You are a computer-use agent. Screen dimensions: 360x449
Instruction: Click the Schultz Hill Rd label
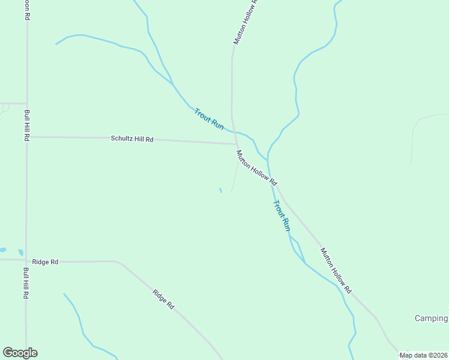click(132, 139)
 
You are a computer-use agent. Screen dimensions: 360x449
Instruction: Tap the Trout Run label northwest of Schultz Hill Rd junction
click(209, 119)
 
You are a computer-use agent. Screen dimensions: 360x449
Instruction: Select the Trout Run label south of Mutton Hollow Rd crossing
click(282, 216)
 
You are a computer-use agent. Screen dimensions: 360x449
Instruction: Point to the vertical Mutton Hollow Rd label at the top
click(245, 22)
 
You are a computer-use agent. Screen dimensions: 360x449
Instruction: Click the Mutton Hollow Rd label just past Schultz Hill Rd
click(256, 167)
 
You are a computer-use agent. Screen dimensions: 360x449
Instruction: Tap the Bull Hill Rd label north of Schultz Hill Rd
click(26, 125)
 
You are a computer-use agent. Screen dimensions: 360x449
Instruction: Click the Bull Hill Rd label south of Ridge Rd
click(26, 284)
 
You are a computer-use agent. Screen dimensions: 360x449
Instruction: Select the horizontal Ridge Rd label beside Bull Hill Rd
click(46, 262)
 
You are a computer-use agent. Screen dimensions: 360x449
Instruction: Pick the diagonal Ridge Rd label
click(163, 299)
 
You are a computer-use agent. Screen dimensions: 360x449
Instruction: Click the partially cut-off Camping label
click(432, 318)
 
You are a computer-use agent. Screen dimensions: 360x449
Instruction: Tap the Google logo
click(20, 353)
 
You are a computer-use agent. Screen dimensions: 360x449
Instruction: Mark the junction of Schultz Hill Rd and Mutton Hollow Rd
click(235, 143)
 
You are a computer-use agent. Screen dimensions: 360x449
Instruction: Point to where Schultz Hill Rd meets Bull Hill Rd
click(26, 137)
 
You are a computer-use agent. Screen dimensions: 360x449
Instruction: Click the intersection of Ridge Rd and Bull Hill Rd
click(26, 261)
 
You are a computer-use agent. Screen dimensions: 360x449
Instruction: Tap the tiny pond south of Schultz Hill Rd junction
click(220, 190)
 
